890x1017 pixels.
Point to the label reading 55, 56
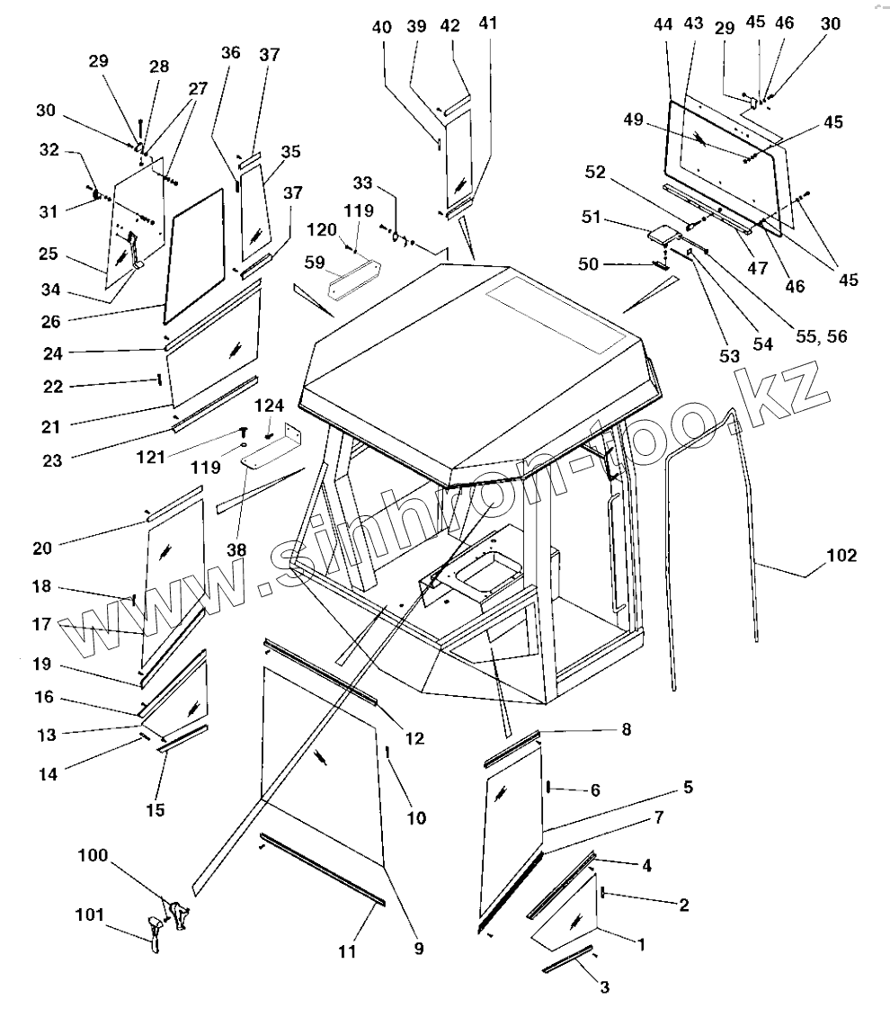coord(822,336)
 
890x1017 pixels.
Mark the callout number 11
coord(348,950)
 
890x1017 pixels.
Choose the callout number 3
coord(604,987)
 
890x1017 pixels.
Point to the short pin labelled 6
coord(547,788)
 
